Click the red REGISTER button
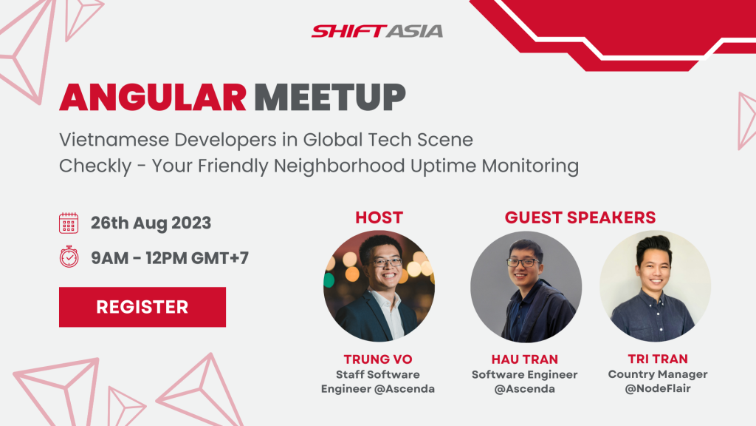coord(142,307)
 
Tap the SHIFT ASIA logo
coord(377,31)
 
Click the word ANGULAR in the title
coord(153,98)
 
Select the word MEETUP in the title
coord(330,98)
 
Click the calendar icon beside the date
coord(69,223)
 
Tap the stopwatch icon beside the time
coord(69,257)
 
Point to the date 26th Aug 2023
coord(151,223)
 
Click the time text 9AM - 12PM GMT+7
coord(170,258)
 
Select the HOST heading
coord(379,218)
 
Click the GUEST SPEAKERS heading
coord(580,218)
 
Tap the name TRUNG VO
coord(378,359)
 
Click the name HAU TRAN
coord(525,359)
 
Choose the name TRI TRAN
coord(658,359)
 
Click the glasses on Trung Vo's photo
coord(387,263)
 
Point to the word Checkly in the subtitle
coord(95,166)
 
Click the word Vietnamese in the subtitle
coord(114,140)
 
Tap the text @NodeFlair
coord(658,388)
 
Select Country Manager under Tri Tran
coord(658,374)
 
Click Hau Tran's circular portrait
coord(526,286)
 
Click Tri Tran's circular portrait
coord(656,286)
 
